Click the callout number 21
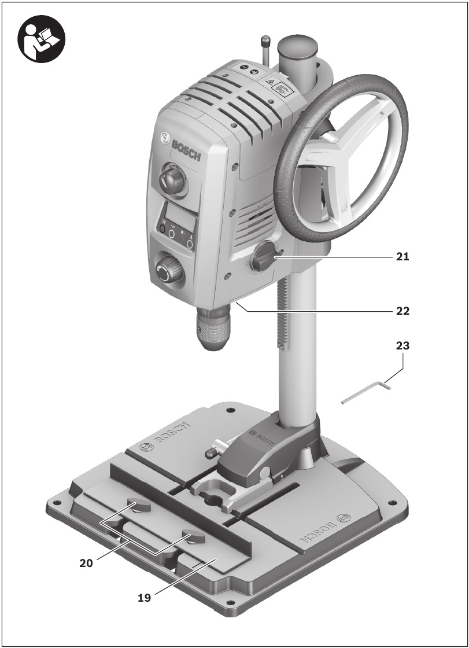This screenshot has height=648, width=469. (402, 256)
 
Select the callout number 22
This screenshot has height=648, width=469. (402, 311)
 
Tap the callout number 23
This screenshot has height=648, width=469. (402, 346)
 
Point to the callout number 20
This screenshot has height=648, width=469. (87, 562)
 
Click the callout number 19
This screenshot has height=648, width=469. (145, 598)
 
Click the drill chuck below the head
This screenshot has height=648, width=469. (215, 326)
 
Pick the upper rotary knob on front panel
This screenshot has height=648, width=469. (172, 181)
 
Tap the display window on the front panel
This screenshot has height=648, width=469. (179, 217)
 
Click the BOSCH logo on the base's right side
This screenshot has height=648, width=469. (324, 529)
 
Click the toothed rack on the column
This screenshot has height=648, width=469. (282, 312)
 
